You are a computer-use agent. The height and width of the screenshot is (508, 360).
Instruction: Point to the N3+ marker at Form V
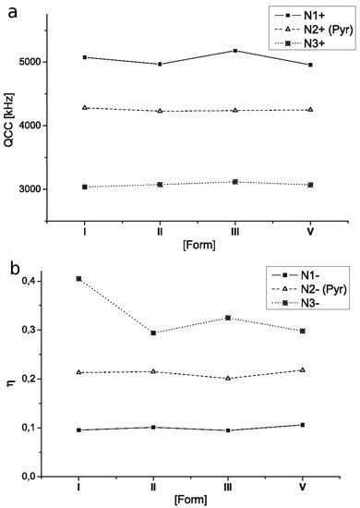tap(310, 185)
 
